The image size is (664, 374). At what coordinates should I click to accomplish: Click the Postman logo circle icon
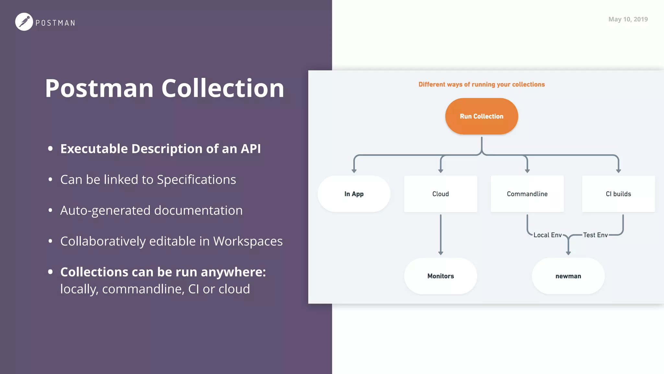(24, 22)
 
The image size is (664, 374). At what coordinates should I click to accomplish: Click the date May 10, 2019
(628, 19)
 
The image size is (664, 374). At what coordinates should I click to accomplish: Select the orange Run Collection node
(481, 116)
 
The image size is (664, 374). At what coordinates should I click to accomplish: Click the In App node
(354, 194)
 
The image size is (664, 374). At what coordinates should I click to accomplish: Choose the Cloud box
(440, 194)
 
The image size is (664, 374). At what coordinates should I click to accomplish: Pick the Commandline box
(527, 194)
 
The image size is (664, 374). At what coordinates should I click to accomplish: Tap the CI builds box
(618, 194)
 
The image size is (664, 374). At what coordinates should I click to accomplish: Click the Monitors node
(440, 276)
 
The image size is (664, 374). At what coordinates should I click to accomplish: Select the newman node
(568, 276)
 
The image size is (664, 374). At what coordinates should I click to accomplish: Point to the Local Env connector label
(547, 235)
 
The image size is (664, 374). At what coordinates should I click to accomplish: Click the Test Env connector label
(595, 235)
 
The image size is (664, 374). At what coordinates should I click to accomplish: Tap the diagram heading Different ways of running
(481, 84)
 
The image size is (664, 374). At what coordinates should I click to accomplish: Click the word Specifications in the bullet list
(196, 180)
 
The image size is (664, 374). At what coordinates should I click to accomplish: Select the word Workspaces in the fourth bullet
(248, 241)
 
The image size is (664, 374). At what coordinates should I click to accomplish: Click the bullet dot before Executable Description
(50, 149)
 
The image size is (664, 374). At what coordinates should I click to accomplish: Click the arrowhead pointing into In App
(354, 171)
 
